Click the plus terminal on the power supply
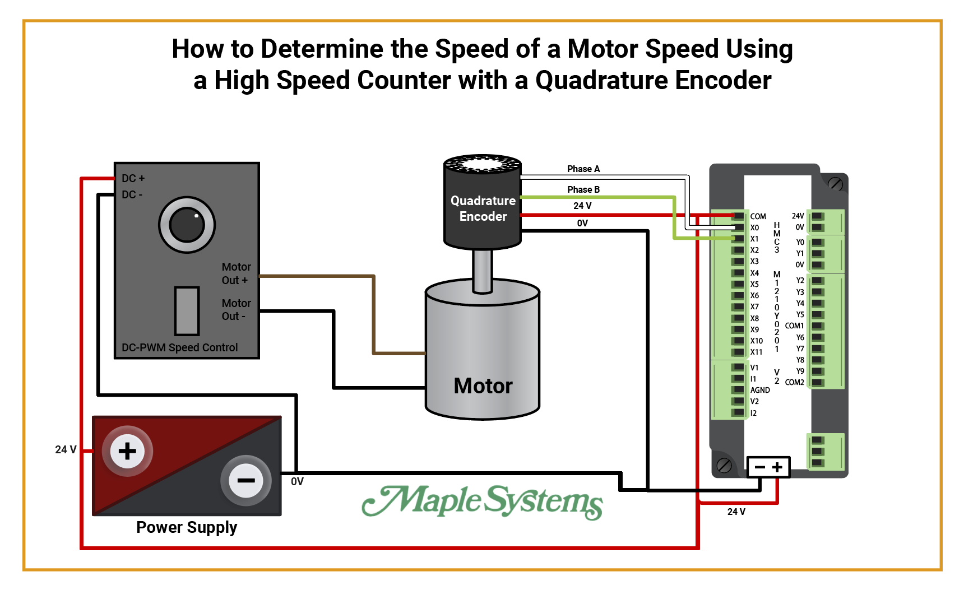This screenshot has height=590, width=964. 127,451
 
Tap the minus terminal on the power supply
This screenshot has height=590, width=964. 246,480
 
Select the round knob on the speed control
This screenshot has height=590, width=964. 187,225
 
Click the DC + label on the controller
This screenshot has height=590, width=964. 133,178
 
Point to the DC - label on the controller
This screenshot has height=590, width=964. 132,194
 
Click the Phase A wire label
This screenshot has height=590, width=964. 583,169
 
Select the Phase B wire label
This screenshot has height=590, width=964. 583,189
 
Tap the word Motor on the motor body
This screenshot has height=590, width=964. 483,386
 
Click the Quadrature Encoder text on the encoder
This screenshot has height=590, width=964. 483,208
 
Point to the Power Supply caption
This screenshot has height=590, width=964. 187,527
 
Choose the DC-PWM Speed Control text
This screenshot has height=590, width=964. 179,347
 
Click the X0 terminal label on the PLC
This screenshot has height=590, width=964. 754,227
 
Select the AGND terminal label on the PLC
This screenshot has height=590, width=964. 760,390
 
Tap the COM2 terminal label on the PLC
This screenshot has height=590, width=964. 794,382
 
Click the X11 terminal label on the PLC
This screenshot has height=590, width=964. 756,352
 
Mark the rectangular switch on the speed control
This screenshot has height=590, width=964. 187,311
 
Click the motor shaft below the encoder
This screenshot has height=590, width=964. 482,270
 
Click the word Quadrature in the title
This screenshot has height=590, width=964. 601,80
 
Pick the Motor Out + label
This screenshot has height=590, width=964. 235,273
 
